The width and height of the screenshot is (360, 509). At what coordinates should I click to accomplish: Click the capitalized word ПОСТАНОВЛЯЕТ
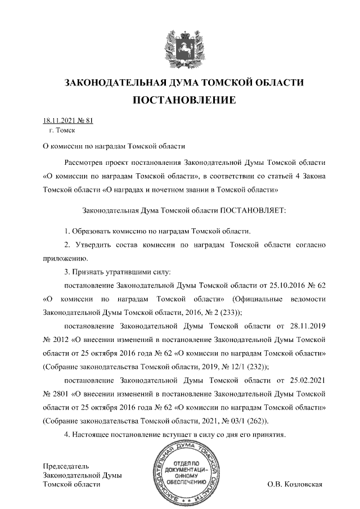(x=253, y=210)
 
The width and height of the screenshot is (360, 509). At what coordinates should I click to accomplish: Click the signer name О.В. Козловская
(x=294, y=484)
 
